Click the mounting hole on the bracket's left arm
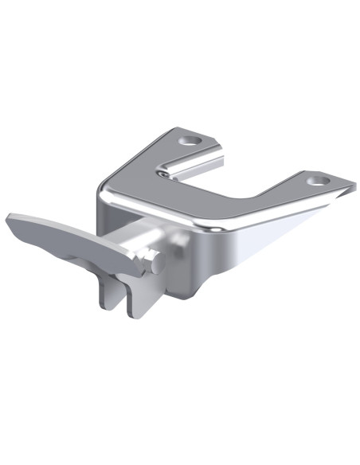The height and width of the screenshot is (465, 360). pos(189,141)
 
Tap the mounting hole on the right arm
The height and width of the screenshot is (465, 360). pos(319,180)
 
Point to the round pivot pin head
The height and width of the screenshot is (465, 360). pos(155,261)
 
